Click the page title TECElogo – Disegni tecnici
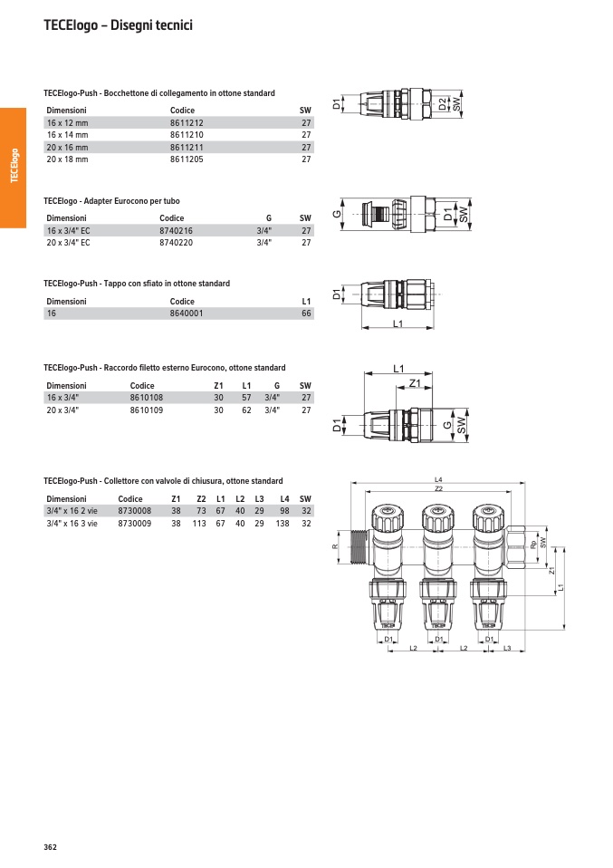coord(118,25)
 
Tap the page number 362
coord(51,847)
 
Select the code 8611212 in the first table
coord(187,123)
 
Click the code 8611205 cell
coord(187,159)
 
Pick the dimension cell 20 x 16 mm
coord(68,148)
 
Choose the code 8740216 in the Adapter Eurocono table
coord(176,231)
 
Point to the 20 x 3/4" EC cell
coord(68,243)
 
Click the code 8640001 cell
coord(187,313)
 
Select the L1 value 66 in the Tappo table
coord(306,313)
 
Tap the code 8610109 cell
coord(147,410)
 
